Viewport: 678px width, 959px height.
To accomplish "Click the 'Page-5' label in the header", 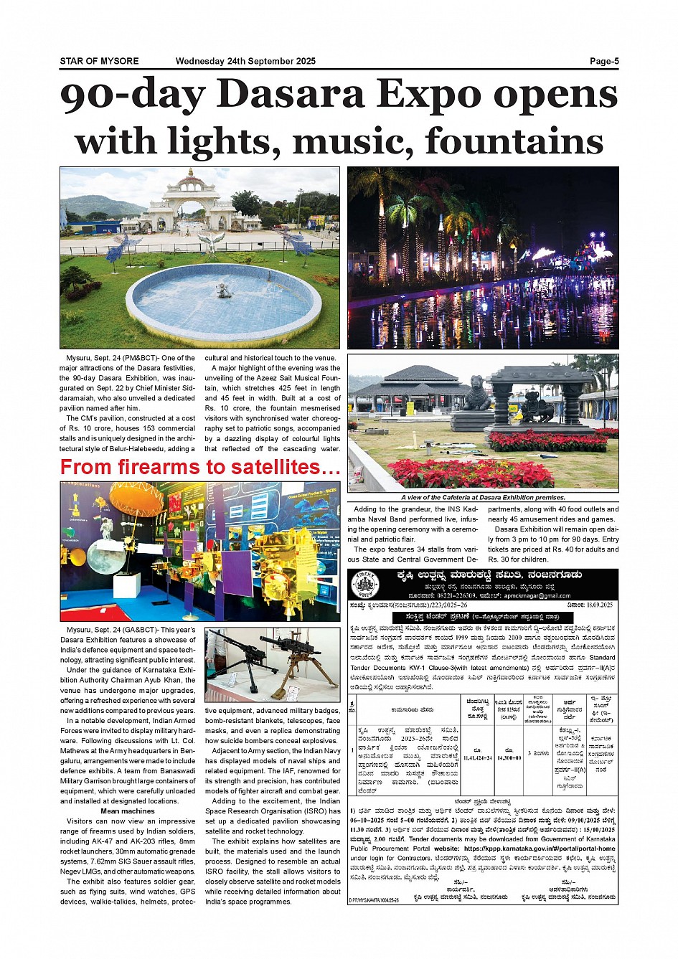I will pos(603,61).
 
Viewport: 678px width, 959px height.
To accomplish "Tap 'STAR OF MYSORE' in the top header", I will pos(99,61).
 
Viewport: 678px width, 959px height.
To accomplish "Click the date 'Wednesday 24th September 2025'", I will pos(245,61).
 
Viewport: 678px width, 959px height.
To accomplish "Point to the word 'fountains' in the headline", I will pos(514,141).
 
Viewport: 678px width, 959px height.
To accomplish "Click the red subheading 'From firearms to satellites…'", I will pos(200,468).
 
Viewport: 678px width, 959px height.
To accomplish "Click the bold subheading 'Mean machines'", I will pos(127,811).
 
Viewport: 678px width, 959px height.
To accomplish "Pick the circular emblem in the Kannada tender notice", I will pos(366,585).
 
